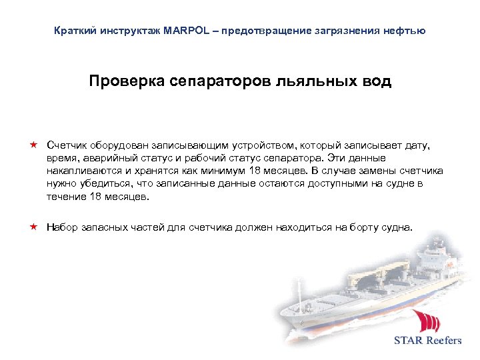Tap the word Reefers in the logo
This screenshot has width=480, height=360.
pos(441,340)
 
